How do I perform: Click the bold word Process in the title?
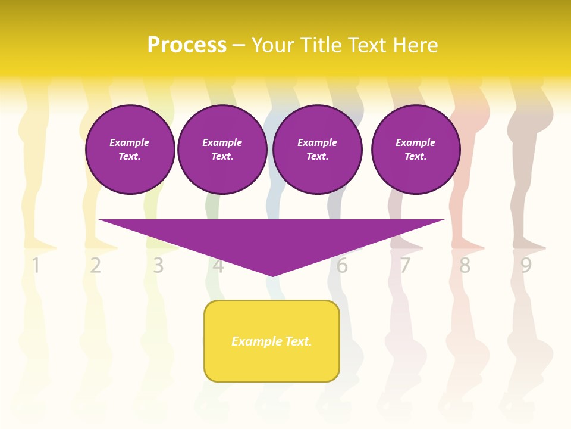[x=187, y=45]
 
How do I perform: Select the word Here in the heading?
[x=415, y=45]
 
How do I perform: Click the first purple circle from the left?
[x=130, y=149]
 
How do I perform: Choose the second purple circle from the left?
[x=222, y=149]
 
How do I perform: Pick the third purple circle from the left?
[x=317, y=149]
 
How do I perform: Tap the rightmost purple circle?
[x=415, y=149]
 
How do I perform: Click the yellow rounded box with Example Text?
[x=272, y=341]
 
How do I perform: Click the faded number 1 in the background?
[x=36, y=266]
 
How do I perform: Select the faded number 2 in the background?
[x=96, y=266]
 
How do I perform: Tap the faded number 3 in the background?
[x=158, y=266]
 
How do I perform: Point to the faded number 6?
[x=342, y=266]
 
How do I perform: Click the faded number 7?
[x=404, y=266]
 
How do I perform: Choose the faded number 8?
[x=465, y=266]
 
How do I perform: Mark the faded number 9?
[x=526, y=266]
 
